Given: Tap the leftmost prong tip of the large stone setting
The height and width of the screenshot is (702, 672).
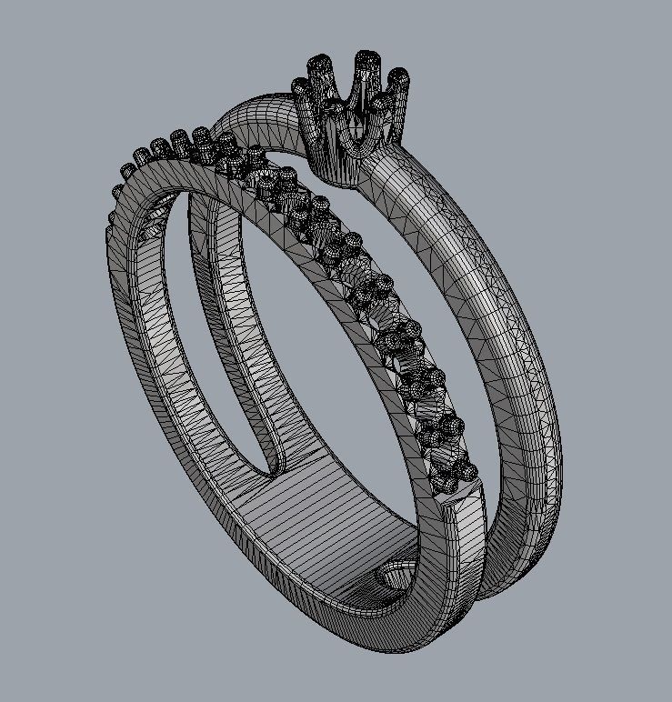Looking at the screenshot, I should [301, 88].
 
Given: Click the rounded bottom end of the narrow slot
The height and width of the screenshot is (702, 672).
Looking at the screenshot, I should [273, 467].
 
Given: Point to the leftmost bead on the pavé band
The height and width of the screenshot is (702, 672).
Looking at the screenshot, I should [115, 193].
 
